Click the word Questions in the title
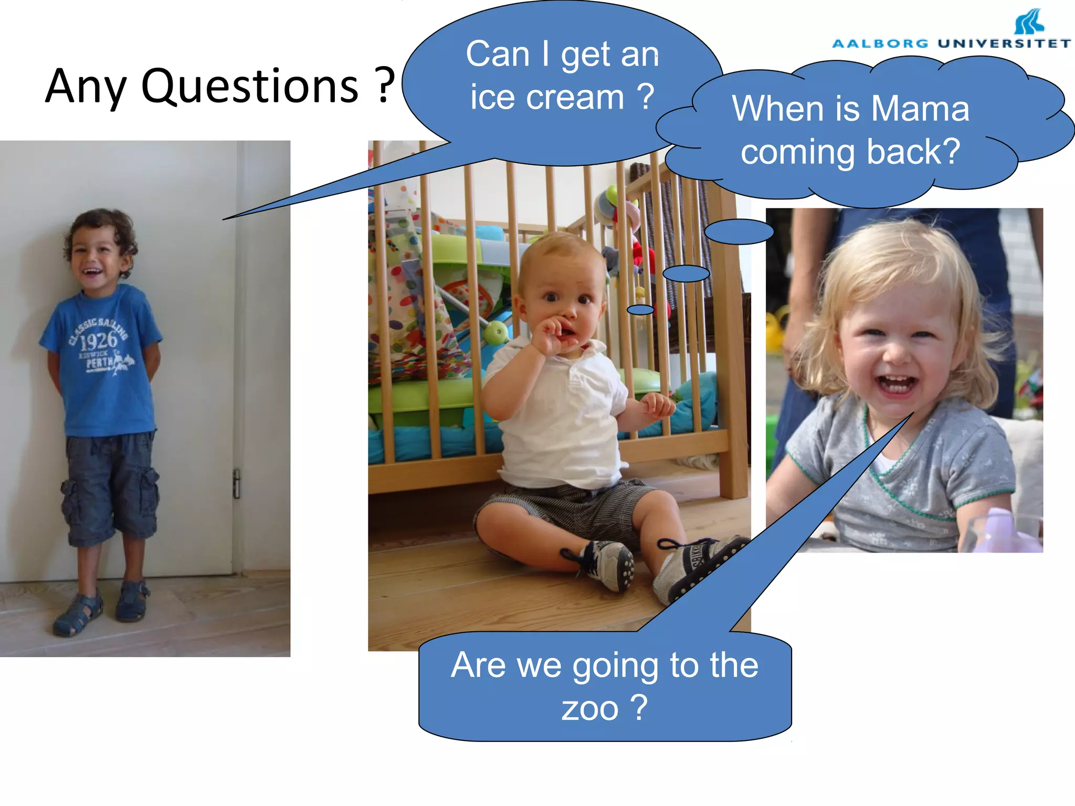coord(250,87)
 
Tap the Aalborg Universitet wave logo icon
coord(1029,22)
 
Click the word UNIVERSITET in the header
coord(1004,44)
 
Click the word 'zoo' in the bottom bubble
coord(590,708)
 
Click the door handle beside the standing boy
coord(237,483)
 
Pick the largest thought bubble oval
coord(739,231)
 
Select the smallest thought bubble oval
coord(640,310)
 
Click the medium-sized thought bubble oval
coord(686,273)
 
